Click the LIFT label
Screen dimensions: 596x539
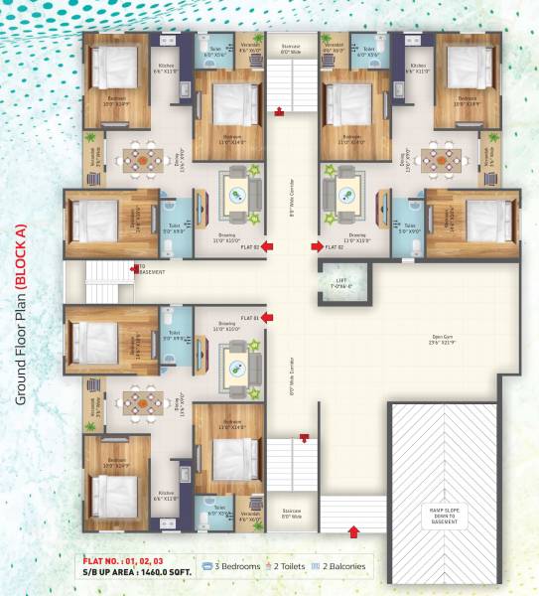click(342, 281)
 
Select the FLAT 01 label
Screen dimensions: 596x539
click(248, 318)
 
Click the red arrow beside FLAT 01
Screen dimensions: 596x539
click(266, 318)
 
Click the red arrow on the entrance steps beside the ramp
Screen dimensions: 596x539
click(354, 531)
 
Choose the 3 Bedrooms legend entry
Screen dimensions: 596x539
click(235, 567)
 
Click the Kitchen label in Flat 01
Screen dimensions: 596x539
click(165, 494)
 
